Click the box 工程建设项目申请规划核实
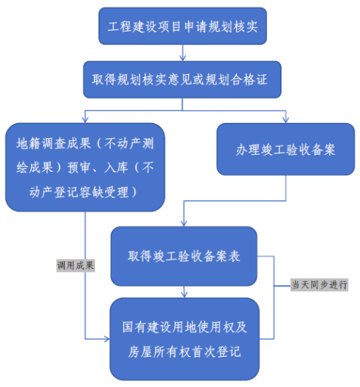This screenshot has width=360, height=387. click(x=183, y=26)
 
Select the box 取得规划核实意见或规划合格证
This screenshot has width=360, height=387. click(x=182, y=80)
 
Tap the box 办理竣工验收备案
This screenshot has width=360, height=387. click(x=286, y=150)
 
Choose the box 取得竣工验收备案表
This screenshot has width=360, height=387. click(x=184, y=256)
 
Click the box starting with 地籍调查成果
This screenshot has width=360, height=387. click(x=85, y=168)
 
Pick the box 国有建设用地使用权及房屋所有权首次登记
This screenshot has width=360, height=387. click(x=184, y=339)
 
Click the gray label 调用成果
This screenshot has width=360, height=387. click(x=76, y=265)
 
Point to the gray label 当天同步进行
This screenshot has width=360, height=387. click(x=319, y=285)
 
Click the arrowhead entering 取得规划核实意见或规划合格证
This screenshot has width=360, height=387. click(x=183, y=58)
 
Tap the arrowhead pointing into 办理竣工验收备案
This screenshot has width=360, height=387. click(x=286, y=120)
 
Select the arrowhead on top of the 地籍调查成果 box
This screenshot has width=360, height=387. click(x=85, y=120)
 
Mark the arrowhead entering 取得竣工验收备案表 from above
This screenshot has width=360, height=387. click(x=184, y=224)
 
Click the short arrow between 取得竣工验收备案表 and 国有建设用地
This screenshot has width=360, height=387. click(x=184, y=292)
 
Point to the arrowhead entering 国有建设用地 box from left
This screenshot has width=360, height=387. click(x=107, y=339)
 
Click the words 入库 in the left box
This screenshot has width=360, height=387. click(x=116, y=168)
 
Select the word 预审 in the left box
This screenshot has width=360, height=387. click(x=80, y=168)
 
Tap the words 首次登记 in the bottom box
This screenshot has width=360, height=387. click(x=216, y=352)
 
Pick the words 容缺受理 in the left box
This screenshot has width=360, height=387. click(x=104, y=192)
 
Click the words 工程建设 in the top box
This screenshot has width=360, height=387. click(x=132, y=27)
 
